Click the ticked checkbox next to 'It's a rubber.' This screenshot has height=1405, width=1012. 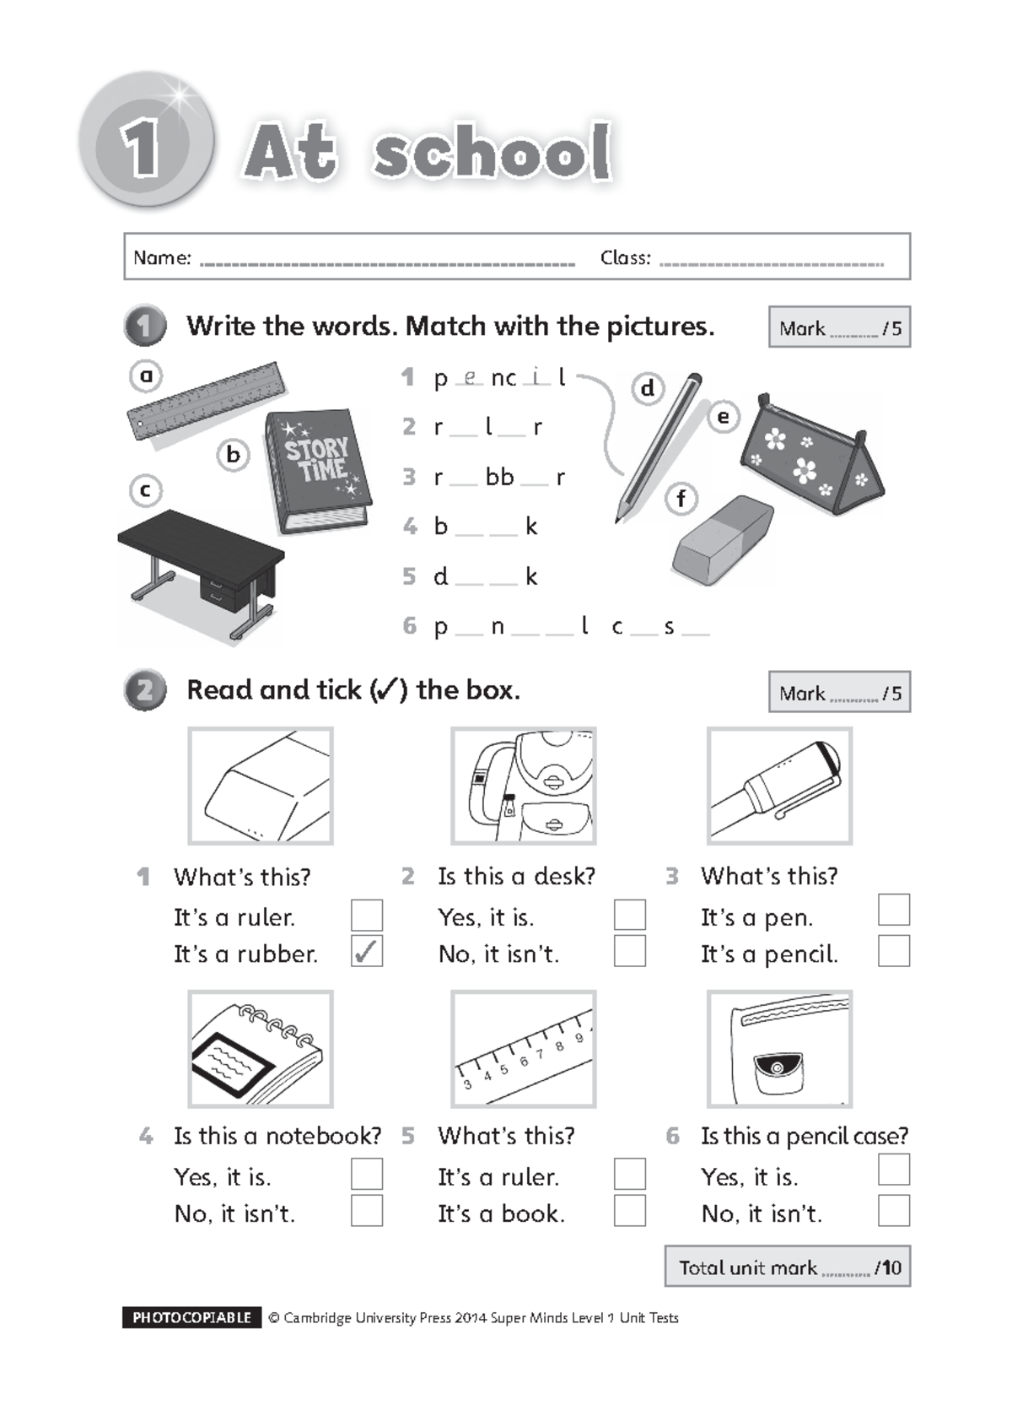366,951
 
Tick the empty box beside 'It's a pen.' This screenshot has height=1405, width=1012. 893,910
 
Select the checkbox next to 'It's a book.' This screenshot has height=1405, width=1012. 629,1211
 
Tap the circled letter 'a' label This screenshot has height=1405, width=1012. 146,376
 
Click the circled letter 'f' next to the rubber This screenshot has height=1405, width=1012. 681,499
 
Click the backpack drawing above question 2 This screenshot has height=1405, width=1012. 524,786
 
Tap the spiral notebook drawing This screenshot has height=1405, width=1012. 261,1049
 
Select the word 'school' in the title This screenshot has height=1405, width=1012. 493,153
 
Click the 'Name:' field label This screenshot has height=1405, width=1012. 162,258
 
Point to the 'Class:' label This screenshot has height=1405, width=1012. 625,258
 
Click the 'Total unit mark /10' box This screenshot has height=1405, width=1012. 787,1267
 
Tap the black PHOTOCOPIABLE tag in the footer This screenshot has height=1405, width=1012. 191,1317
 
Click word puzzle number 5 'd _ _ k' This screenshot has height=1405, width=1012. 485,577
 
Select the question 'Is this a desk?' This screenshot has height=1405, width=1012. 515,877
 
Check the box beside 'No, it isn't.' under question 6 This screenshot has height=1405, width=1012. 893,1211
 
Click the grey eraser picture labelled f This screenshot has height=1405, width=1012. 723,540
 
